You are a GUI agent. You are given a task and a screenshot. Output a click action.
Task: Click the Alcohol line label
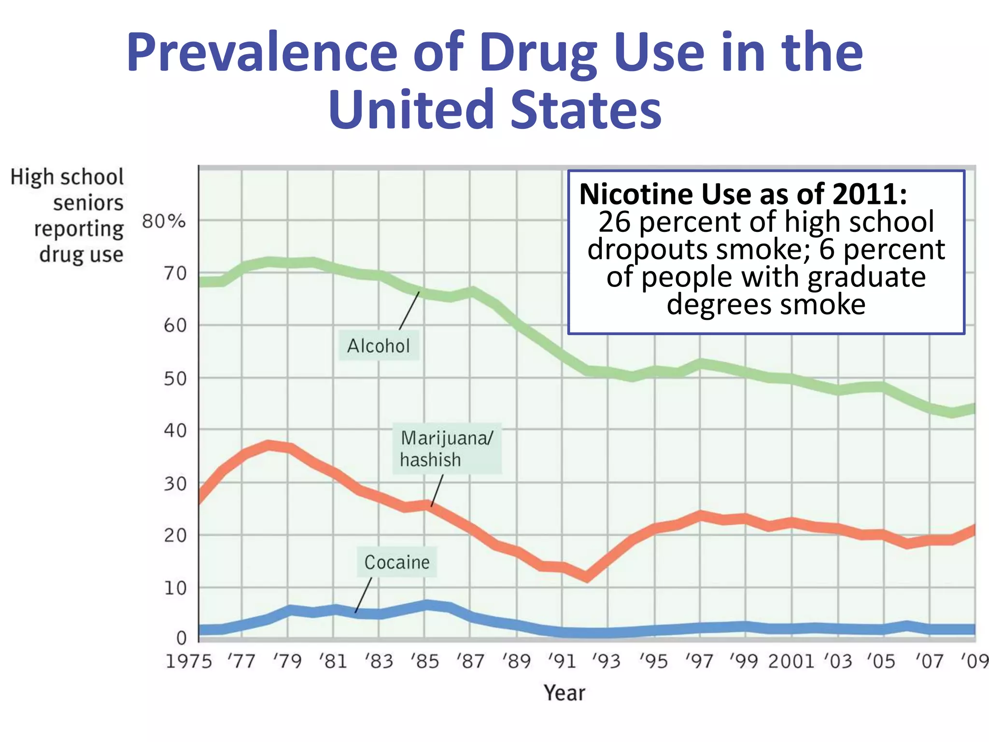click(378, 346)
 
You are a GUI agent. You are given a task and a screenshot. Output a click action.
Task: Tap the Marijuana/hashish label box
click(447, 449)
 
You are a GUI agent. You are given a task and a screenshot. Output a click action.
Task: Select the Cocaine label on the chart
click(396, 562)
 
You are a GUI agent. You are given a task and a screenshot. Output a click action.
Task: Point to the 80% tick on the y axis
click(164, 221)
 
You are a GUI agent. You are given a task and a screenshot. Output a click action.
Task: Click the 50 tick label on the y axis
click(175, 379)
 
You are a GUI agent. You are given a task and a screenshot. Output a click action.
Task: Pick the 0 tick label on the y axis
click(181, 638)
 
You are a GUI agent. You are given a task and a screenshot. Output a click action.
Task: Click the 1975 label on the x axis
click(188, 661)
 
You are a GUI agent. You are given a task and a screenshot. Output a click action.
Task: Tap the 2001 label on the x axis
click(791, 661)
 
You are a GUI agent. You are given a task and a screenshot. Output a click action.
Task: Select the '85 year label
click(424, 661)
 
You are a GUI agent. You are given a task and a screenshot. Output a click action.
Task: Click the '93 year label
click(607, 661)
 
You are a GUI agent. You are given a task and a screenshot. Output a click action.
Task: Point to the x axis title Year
click(564, 693)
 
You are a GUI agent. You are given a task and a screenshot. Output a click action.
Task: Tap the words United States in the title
click(494, 110)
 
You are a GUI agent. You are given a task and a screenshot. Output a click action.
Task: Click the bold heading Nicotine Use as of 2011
click(743, 194)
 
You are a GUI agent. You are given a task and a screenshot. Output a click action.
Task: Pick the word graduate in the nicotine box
click(866, 277)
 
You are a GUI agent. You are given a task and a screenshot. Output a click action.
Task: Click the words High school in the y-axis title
click(67, 177)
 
